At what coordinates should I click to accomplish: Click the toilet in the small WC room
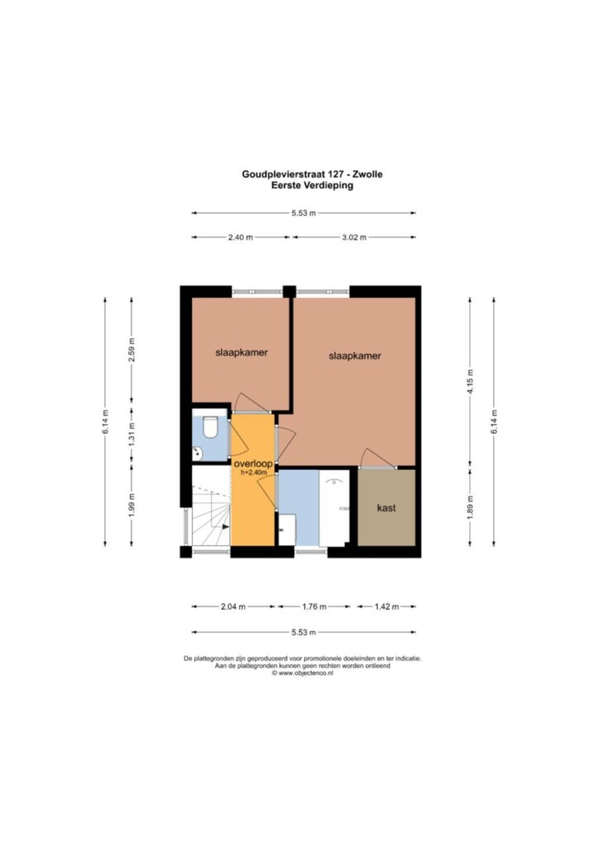coord(209,426)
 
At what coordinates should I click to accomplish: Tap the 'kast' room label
coord(386,508)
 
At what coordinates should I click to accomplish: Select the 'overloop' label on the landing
coord(253,463)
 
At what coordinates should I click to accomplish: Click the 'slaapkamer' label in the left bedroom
coord(242,352)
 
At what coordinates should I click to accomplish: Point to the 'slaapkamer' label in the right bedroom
coord(355,356)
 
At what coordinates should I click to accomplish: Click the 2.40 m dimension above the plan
coord(240,237)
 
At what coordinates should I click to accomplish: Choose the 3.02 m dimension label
coord(354,237)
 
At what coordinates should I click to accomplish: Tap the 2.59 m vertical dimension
coord(132,350)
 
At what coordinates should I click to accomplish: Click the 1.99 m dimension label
coord(132,505)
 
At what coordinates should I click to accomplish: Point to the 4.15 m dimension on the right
coord(470,381)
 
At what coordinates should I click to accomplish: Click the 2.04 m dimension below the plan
coord(232,606)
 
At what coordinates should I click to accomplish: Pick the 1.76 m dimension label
coord(314,606)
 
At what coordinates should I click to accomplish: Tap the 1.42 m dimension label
coord(386,606)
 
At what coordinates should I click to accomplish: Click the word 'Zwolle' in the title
coord(368,175)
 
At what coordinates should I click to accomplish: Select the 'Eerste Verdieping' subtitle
coord(312,185)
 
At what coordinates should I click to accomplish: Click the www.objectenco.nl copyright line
coord(302,673)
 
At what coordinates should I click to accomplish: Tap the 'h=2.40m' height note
coord(254,472)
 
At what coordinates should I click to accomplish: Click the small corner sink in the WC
coord(197,454)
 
